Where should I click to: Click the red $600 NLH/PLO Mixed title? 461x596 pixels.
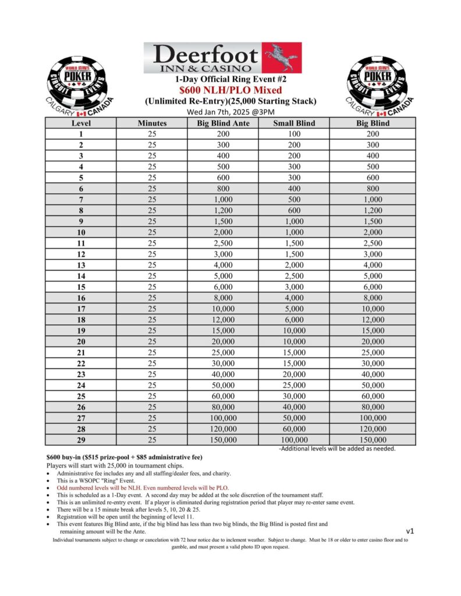click(230, 90)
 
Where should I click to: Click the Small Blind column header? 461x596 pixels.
click(295, 123)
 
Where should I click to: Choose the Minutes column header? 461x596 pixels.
click(152, 123)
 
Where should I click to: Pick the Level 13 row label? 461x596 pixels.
click(80, 264)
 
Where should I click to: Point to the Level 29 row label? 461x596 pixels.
click(80, 440)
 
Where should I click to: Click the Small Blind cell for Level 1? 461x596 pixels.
click(295, 134)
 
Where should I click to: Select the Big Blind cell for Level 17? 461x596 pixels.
click(373, 308)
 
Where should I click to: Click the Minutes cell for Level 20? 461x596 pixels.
click(152, 342)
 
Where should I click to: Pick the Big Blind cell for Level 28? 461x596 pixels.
click(373, 429)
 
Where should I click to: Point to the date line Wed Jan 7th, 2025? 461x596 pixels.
click(230, 112)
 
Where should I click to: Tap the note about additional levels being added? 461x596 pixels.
click(338, 449)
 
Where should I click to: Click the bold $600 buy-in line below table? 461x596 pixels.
click(124, 457)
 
